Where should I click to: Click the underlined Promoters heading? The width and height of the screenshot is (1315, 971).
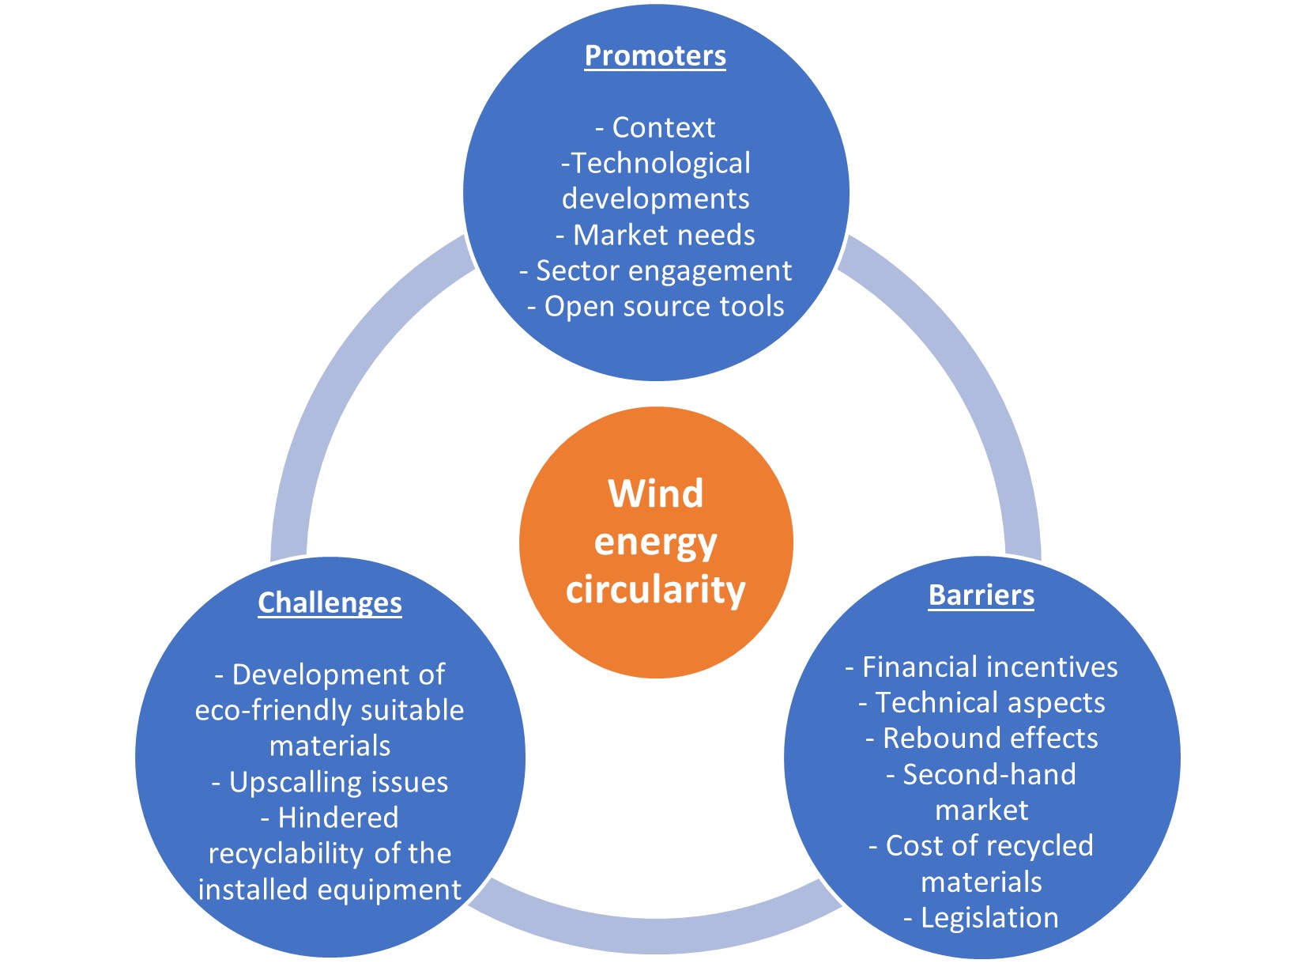655,56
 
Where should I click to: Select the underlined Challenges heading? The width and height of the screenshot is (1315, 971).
330,603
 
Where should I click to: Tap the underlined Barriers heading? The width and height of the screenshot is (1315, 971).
981,595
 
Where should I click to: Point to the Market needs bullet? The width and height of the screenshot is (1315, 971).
655,235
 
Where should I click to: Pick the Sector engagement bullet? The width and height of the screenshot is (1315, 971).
655,270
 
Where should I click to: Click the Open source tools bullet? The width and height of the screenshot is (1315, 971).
655,307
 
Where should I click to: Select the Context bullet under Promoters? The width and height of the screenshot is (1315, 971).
655,127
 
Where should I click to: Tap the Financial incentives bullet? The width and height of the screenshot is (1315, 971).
982,667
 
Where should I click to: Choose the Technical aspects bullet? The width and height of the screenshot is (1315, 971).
982,702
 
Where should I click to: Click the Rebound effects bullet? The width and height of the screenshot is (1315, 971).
982,738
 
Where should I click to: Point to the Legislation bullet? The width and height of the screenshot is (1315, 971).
982,917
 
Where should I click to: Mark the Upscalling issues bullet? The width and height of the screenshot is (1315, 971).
330,782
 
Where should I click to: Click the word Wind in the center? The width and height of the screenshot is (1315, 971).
655,494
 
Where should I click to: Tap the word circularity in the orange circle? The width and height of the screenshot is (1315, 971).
655,590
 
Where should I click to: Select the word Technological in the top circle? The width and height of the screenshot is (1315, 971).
661,164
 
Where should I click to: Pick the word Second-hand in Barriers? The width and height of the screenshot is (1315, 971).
989,775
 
